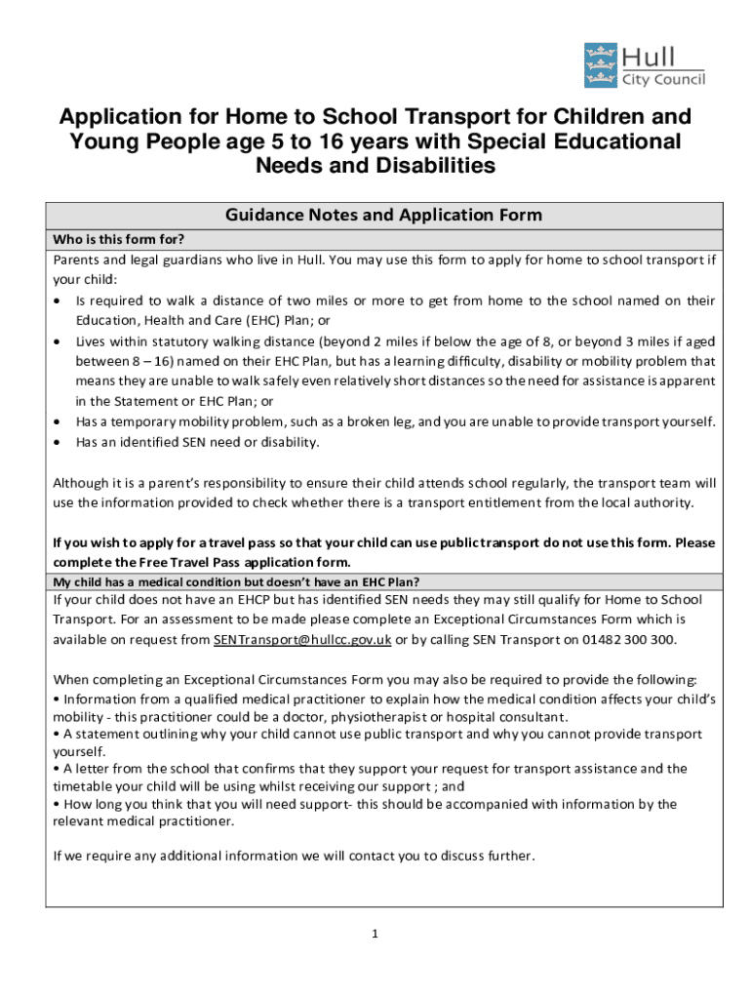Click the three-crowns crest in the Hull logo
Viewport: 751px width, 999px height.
598,64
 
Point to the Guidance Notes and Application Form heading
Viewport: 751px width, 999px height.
383,216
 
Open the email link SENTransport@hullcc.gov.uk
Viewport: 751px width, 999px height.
302,640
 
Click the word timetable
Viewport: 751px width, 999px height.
84,786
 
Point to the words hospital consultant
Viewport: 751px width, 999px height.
509,716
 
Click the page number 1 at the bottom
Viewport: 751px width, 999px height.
375,935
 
